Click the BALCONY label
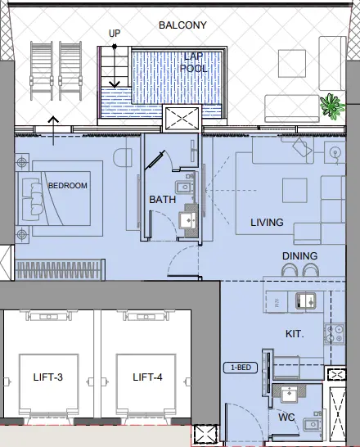[182, 25]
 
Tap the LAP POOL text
[195, 63]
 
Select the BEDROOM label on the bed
[67, 186]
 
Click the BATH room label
[162, 200]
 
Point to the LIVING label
[267, 223]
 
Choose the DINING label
[299, 256]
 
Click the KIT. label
[295, 335]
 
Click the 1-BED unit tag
[241, 368]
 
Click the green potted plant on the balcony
[331, 106]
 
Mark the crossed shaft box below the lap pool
[180, 119]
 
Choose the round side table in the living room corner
[334, 151]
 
